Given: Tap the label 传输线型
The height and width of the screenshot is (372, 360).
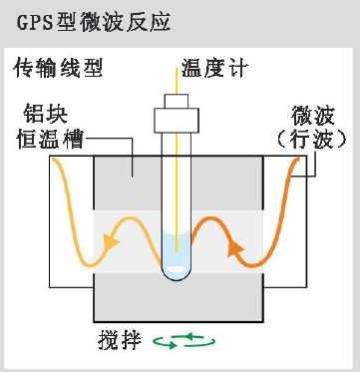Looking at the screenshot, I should coord(56,69).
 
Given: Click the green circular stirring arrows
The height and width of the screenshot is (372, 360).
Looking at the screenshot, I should coord(183,342).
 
